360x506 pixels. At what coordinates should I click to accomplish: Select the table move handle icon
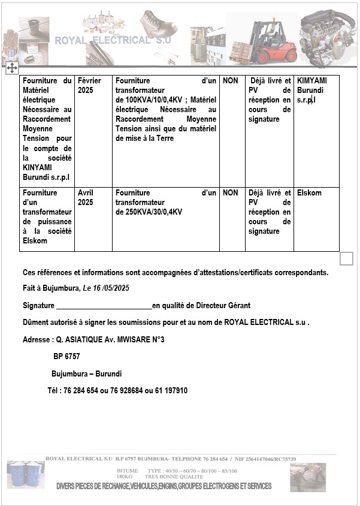click(11, 68)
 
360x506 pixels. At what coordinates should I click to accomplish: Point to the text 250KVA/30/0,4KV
click(149, 212)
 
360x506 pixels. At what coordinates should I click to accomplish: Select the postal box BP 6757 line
click(66, 357)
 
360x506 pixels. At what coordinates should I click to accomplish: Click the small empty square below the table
click(346, 258)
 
